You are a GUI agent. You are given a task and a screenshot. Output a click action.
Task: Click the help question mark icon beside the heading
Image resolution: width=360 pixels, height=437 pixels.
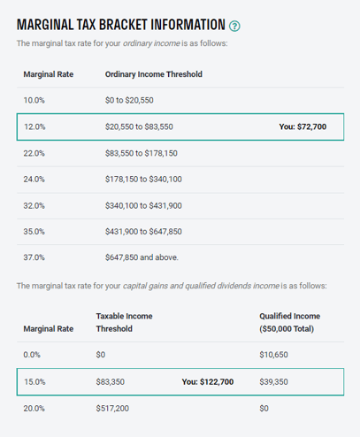point(234,25)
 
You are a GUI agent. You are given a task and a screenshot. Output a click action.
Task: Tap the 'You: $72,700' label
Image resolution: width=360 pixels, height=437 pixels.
point(303,126)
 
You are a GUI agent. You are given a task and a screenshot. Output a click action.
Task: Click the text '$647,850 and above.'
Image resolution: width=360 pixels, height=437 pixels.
point(142,257)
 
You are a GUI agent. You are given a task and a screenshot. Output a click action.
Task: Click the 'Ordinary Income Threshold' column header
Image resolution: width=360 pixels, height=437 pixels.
point(153,74)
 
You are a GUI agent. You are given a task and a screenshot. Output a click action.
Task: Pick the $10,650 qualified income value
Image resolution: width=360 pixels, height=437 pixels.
point(273,355)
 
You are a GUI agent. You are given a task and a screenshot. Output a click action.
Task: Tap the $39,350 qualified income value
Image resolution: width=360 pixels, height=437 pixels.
point(273,381)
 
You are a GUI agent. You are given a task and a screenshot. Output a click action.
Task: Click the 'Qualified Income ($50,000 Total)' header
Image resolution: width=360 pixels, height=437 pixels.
point(289,322)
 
